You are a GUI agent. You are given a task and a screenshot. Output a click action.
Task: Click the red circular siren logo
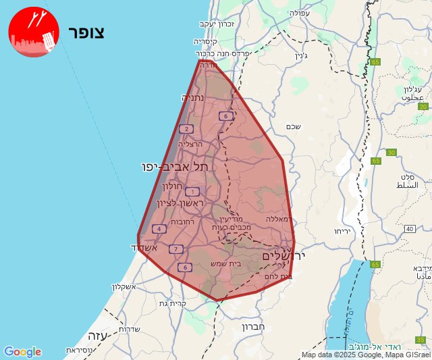34,32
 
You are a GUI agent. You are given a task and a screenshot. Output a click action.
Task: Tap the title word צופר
86,33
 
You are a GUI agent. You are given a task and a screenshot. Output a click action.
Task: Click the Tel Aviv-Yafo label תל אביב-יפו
175,166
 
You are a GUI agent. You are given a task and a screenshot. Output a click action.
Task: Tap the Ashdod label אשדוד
143,248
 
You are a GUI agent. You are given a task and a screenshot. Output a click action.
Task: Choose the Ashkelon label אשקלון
123,286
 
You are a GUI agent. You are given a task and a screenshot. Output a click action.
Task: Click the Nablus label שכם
293,126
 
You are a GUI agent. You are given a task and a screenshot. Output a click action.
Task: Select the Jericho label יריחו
341,231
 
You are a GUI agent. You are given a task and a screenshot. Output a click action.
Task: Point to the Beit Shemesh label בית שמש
225,263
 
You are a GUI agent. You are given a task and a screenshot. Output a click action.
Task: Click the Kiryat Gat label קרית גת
173,303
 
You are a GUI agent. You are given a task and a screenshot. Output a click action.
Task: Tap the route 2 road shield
186,128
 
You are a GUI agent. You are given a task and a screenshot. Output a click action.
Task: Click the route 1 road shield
192,192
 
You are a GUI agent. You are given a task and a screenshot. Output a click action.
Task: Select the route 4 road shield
159,228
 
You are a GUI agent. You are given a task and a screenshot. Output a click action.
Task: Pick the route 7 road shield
176,249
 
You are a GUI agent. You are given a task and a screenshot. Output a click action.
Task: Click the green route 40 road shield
410,229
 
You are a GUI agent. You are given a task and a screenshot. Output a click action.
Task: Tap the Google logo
22,352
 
